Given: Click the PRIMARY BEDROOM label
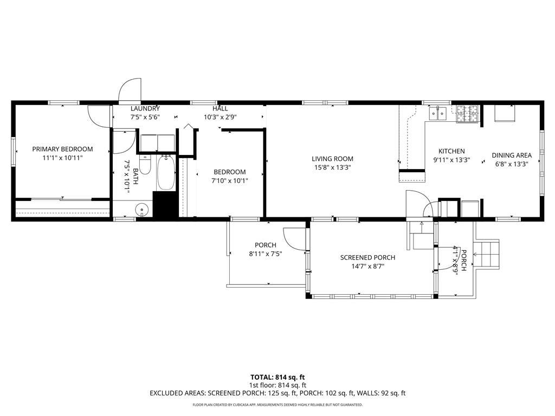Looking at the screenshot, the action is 63,149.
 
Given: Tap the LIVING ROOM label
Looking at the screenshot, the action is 332,159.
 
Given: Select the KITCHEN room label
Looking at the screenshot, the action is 451,151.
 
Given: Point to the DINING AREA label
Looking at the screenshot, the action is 512,155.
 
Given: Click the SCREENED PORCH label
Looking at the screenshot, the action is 368,257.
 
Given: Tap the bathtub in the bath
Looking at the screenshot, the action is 166,173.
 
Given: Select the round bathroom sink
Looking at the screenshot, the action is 141,210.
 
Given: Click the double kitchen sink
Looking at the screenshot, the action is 438,113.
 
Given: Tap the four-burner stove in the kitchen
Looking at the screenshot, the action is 467,114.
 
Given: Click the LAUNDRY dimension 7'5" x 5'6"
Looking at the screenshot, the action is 145,117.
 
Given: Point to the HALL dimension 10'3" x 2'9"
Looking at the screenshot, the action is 220,117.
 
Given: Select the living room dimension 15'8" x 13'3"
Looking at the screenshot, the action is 332,168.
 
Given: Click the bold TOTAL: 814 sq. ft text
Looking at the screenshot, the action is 277,378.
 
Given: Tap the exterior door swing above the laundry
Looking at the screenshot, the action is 130,90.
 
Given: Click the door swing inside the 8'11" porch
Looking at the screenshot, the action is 293,239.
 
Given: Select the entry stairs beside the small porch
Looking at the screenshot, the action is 488,254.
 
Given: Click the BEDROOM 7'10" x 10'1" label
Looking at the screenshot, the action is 230,177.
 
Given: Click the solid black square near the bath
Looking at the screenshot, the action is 165,204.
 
